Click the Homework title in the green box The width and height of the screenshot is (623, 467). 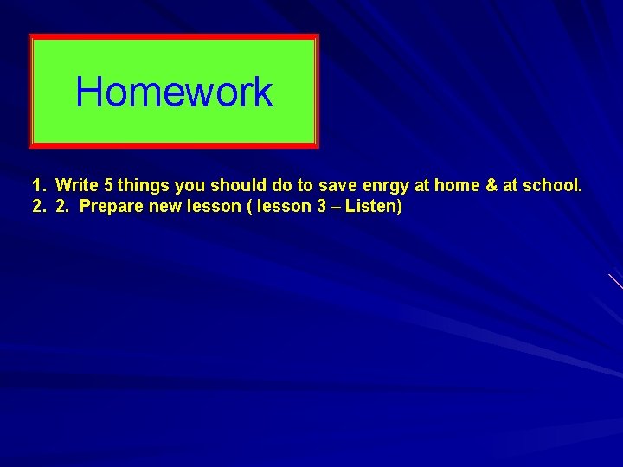tap(174, 92)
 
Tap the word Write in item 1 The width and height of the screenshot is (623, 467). tap(76, 185)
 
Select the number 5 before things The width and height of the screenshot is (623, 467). tap(108, 185)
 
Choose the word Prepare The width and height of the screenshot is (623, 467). tap(110, 208)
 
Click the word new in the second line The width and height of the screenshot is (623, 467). tap(163, 208)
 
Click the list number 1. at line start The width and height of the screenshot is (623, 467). tap(38, 185)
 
